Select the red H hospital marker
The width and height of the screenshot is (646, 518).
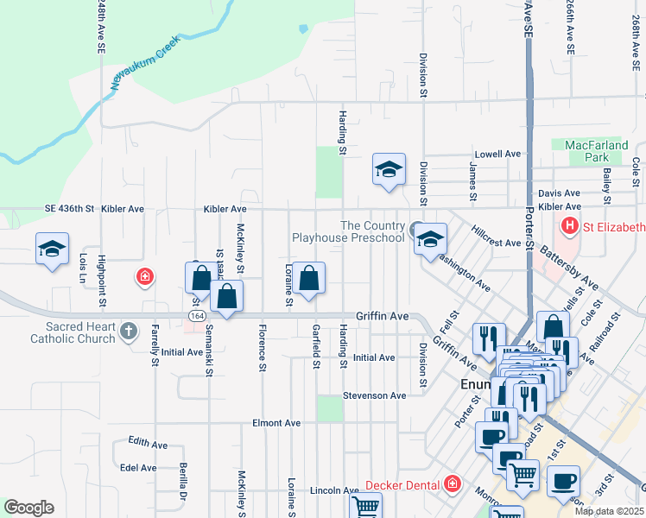569,228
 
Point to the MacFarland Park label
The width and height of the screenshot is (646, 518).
597,152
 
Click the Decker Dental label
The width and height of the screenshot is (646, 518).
398,484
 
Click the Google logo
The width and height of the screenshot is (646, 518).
28,508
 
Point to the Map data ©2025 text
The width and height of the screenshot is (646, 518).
610,511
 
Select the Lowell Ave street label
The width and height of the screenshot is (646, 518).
498,154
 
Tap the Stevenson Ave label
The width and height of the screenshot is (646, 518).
374,395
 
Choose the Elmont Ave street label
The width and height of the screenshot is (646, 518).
275,423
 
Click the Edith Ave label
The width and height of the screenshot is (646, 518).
148,442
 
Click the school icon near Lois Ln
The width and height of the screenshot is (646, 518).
52,250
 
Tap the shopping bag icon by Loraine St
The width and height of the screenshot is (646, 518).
308,278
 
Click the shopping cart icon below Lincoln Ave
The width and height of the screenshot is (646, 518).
366,506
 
